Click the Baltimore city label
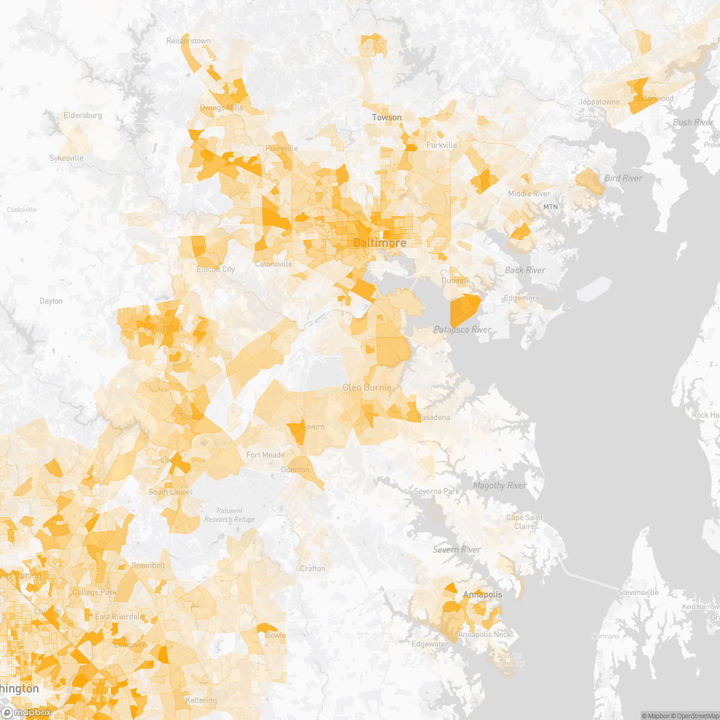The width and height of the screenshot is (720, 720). [x=379, y=243]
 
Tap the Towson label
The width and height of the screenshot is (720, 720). [x=387, y=117]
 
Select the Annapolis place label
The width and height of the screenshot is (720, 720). [x=482, y=595]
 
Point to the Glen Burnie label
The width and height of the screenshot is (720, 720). [x=367, y=388]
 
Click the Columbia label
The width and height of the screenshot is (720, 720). [x=163, y=328]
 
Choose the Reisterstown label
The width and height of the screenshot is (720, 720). [x=188, y=41]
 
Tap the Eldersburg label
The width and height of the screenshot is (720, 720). [x=83, y=115]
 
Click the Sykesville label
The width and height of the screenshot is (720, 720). [x=66, y=158]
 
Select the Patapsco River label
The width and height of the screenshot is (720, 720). [x=462, y=329]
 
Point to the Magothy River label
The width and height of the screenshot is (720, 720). [x=500, y=485]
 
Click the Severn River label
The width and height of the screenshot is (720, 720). [x=457, y=550]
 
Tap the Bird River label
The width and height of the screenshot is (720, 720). [x=623, y=178]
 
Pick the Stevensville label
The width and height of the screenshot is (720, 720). [x=638, y=592]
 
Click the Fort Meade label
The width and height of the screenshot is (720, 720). [x=265, y=455]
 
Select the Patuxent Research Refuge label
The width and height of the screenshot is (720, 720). [x=229, y=515]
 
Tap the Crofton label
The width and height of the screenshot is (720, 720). [x=312, y=568]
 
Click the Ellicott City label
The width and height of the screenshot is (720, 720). [x=216, y=269]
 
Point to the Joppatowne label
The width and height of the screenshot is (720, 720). [x=599, y=102]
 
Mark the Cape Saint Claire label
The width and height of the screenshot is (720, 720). [x=524, y=522]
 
